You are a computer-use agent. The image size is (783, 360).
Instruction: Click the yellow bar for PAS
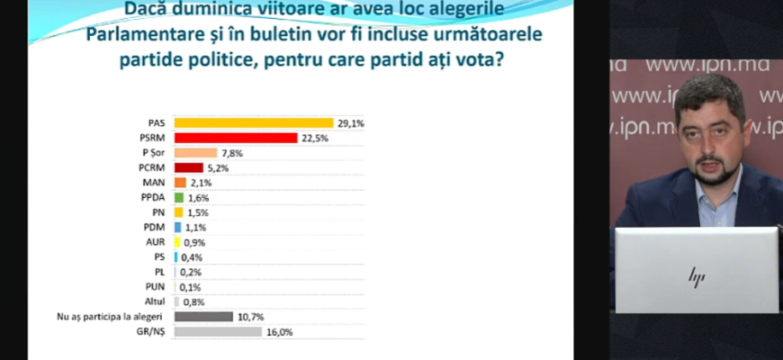click(253, 122)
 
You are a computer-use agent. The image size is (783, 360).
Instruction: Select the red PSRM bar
click(235, 138)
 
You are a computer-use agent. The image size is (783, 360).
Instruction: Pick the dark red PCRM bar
click(187, 167)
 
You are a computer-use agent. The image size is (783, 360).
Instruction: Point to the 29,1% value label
click(351, 122)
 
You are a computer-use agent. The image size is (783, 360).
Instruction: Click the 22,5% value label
click(314, 138)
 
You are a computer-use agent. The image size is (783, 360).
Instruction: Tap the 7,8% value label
click(233, 153)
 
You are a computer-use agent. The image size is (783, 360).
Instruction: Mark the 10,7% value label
click(251, 317)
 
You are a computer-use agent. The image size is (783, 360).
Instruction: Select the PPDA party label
click(155, 197)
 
